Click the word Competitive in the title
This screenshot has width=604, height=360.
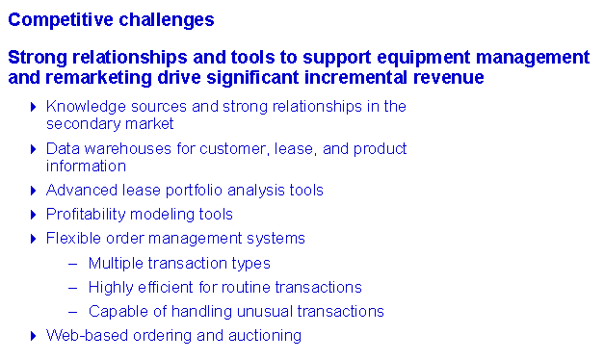[61, 20]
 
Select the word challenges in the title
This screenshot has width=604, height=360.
[167, 20]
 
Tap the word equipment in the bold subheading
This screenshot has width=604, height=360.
[423, 59]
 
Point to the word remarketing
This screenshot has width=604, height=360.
[98, 78]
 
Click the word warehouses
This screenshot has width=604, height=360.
[127, 149]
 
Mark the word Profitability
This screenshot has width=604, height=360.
[86, 215]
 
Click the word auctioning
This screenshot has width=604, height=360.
[265, 336]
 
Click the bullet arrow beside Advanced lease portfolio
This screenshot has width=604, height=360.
[33, 191]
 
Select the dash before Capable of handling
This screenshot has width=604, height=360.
[73, 312]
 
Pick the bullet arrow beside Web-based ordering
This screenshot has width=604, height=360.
[33, 336]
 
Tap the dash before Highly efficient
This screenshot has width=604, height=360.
[73, 288]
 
